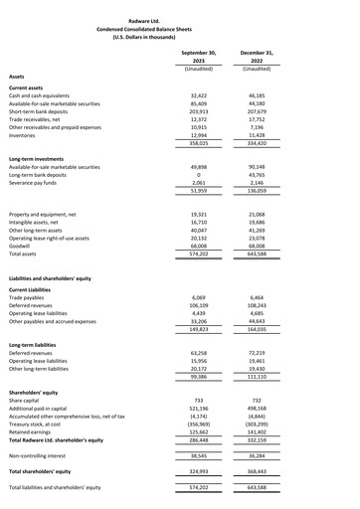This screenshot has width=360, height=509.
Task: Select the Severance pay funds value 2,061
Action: click(x=197, y=185)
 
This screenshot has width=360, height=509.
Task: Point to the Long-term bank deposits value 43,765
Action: click(x=256, y=176)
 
